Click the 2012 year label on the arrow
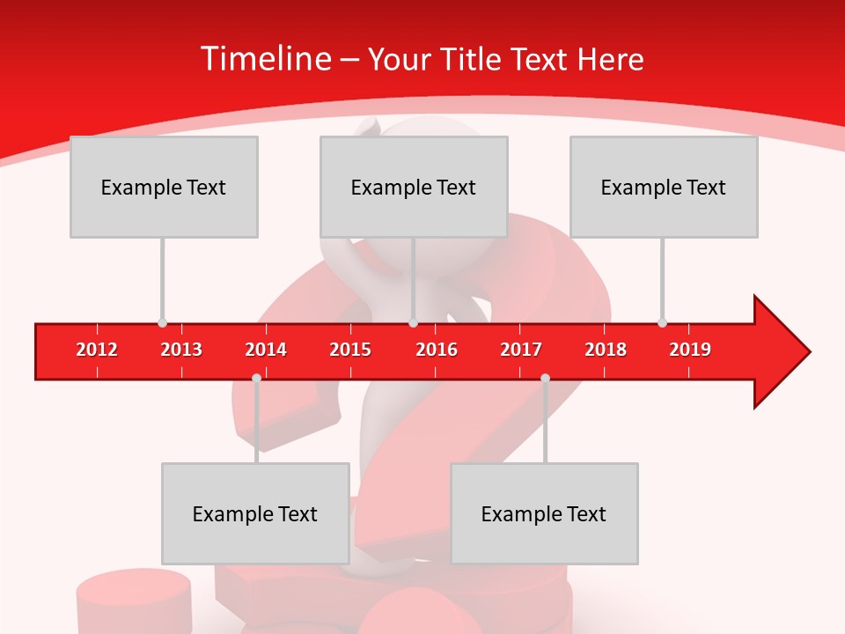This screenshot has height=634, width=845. click(x=97, y=350)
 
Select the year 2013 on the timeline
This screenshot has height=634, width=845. click(x=181, y=350)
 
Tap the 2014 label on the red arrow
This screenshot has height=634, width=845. click(x=266, y=350)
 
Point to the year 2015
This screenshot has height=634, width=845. click(x=350, y=350)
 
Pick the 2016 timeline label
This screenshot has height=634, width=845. click(x=437, y=350)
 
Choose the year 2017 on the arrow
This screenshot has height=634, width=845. click(x=521, y=350)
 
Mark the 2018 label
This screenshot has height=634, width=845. click(x=606, y=350)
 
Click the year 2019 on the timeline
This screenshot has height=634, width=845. click(x=690, y=350)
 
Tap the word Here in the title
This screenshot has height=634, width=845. click(x=610, y=59)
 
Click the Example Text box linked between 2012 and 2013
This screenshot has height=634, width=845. click(x=164, y=187)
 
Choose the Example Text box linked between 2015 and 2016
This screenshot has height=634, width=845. click(x=414, y=187)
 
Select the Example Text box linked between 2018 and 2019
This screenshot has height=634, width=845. click(x=664, y=187)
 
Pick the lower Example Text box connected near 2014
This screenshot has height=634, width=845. click(x=255, y=513)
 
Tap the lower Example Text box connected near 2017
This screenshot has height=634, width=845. click(x=544, y=513)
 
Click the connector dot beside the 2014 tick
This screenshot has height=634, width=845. click(x=256, y=378)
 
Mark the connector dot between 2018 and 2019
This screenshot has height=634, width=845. click(x=662, y=322)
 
